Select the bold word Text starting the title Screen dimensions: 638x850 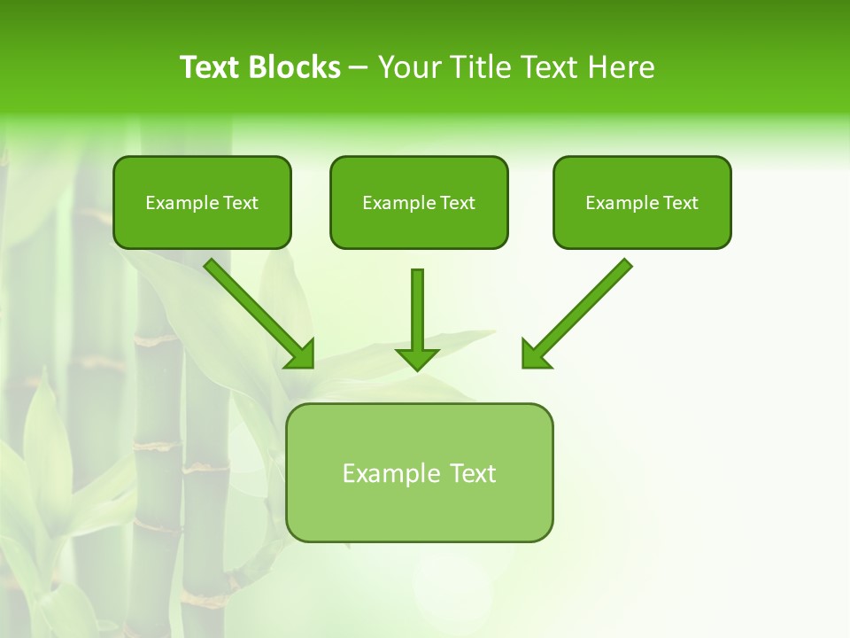(212, 67)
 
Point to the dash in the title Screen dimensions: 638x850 (359, 68)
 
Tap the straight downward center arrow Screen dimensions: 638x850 (417, 310)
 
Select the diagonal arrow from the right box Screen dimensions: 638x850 (584, 306)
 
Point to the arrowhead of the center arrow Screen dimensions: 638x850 (417, 359)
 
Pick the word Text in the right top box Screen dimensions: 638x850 (680, 203)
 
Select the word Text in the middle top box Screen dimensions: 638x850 (457, 203)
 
